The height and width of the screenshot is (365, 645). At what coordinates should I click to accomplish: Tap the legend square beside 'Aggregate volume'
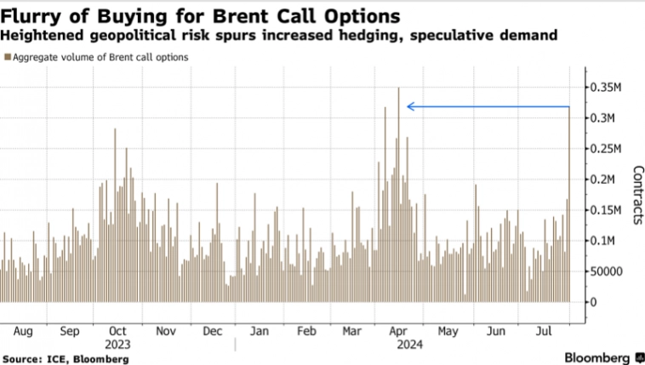tap(8, 57)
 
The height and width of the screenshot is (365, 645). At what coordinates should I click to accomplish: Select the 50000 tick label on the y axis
tap(608, 271)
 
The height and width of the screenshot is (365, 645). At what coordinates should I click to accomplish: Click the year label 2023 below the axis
tap(117, 345)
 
